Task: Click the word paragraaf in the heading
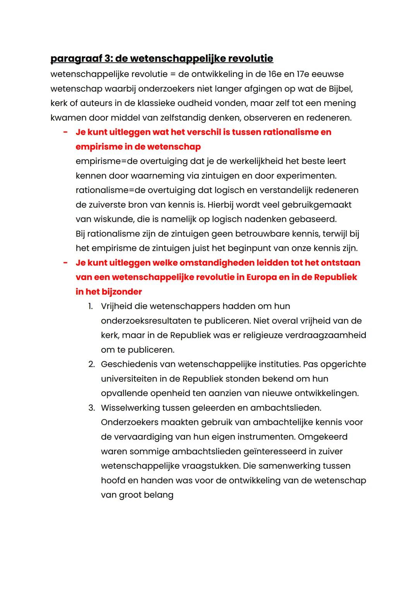coord(76,59)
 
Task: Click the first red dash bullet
coord(65,132)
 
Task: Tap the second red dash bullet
coord(65,263)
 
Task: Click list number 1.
coord(90,306)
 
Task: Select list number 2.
coord(91,364)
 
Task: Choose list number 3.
coord(91,408)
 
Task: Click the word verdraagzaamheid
coord(325,335)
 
